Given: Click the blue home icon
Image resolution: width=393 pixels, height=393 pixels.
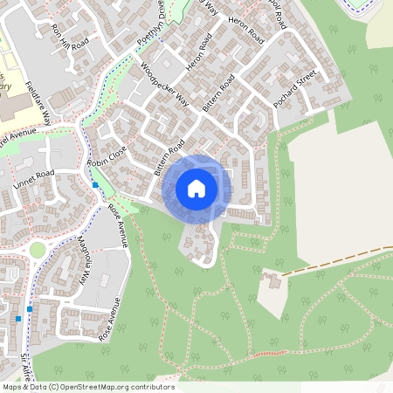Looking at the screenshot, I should click(x=196, y=189).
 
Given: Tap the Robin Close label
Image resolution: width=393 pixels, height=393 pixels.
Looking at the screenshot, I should click(x=107, y=155).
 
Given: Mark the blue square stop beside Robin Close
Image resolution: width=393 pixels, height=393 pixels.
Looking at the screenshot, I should click(x=94, y=185).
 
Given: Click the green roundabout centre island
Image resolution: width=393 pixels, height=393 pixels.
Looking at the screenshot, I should click(x=37, y=250).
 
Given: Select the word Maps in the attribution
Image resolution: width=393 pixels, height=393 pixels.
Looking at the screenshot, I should click(x=13, y=387).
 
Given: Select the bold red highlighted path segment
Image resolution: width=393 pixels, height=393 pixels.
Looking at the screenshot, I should click(x=266, y=353).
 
